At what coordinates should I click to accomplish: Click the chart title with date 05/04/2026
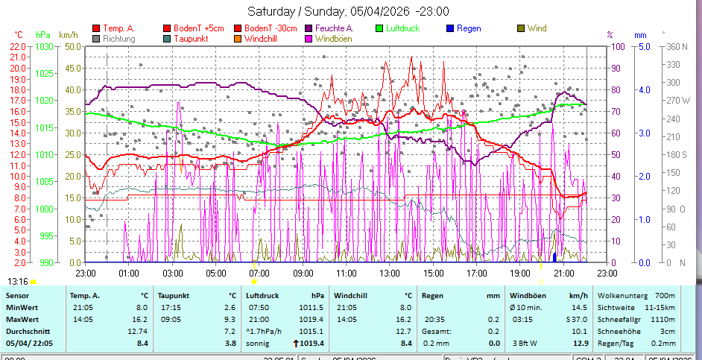pos(348,11)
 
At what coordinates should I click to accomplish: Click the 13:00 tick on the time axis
pos(389,274)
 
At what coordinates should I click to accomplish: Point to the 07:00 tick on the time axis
pos(259,274)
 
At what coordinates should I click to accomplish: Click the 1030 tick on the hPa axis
pos(44,46)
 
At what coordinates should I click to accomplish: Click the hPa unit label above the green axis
pos(42,34)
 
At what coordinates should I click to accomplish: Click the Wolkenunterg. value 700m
pos(663,295)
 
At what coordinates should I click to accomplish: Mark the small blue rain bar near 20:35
pos(554,256)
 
